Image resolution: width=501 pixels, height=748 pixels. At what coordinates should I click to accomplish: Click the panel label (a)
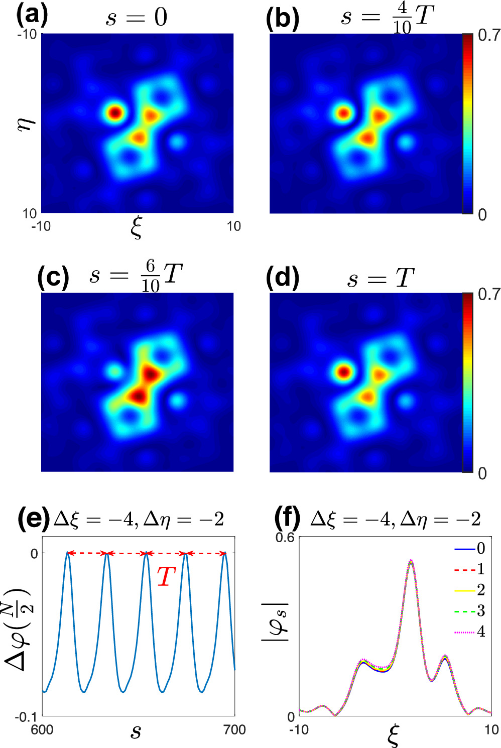click(32, 16)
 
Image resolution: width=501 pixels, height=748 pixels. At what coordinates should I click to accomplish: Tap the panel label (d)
click(283, 278)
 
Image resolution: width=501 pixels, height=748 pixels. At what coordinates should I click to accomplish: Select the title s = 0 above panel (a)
click(137, 18)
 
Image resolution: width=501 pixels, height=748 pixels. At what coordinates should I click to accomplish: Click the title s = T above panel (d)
click(381, 278)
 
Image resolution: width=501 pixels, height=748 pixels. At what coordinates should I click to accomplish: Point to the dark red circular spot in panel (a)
click(115, 112)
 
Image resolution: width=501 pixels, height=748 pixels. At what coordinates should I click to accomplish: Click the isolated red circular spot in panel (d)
click(343, 372)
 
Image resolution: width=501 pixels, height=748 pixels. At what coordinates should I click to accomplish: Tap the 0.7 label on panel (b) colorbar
click(489, 35)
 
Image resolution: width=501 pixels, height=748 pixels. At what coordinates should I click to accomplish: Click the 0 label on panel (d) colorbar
click(482, 473)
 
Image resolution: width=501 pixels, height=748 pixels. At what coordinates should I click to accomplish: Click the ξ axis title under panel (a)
click(136, 228)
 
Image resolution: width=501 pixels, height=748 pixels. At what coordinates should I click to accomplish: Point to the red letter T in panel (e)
click(166, 577)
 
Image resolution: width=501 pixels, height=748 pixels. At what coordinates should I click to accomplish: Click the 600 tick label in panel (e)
click(42, 729)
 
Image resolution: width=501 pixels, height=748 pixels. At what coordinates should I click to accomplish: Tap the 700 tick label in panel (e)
click(234, 729)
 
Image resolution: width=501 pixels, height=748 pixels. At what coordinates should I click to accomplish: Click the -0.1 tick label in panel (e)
click(26, 716)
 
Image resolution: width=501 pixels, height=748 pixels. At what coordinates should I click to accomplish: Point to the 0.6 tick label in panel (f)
click(285, 538)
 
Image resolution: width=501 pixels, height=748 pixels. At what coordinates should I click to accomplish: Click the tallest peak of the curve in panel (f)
click(411, 561)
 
